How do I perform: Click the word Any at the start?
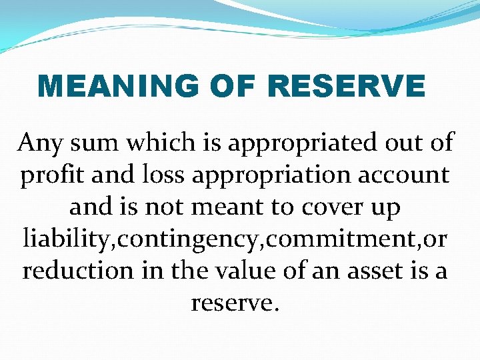40,143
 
